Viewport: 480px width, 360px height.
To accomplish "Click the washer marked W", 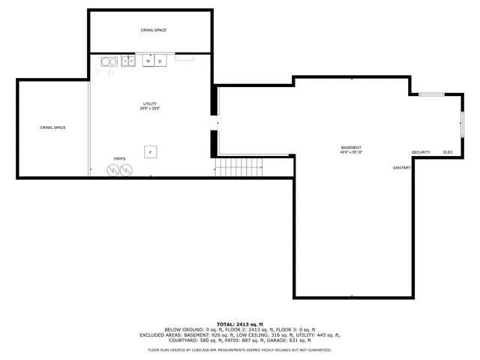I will click(148, 61).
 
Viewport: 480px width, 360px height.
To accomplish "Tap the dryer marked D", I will click(160, 61).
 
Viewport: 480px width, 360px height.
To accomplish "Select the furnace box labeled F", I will click(150, 151).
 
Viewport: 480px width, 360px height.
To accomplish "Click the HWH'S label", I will click(119, 159).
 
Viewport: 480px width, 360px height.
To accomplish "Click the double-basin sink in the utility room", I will click(128, 61).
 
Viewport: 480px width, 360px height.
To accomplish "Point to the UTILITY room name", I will click(150, 103).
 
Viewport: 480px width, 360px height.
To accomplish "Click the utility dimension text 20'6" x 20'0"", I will click(150, 109).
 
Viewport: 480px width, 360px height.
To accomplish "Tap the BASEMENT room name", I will click(351, 147).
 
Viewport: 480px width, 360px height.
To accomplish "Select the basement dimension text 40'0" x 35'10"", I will click(351, 152).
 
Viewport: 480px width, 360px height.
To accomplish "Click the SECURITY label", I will click(420, 152).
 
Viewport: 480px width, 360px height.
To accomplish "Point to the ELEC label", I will click(448, 152).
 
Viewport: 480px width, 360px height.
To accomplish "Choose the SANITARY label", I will click(402, 167).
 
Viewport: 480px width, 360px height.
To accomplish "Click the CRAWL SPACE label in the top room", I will click(153, 30).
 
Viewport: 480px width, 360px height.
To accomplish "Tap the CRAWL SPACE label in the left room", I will click(53, 127).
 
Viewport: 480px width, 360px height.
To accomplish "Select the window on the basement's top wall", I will click(430, 94).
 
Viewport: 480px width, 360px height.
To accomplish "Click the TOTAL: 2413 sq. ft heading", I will click(239, 323).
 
